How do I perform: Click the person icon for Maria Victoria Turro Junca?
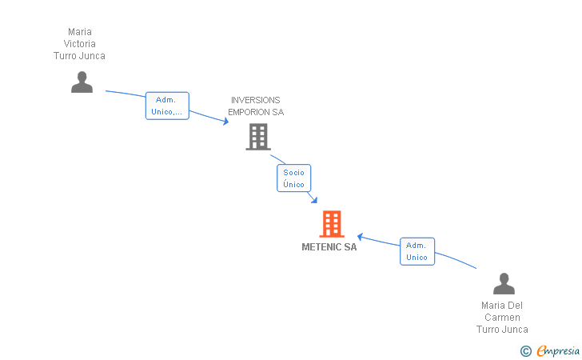82,82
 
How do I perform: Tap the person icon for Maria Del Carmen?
504,283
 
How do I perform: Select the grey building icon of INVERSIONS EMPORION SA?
258,137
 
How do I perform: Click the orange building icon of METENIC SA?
332,224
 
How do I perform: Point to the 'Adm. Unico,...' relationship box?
167,106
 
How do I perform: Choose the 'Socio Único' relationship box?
293,178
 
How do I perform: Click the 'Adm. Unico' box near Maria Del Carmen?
417,251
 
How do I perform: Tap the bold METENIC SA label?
329,247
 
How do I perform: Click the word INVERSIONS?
256,100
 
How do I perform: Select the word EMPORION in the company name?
250,112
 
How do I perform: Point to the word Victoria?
79,44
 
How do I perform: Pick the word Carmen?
502,318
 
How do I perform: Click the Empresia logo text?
558,350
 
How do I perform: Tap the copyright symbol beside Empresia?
525,351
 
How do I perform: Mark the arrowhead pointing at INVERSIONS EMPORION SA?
225,121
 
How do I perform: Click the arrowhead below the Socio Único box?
314,200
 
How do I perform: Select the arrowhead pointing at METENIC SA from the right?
360,237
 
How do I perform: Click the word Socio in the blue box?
293,172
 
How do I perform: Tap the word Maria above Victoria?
80,32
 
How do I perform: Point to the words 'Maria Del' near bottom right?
502,306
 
